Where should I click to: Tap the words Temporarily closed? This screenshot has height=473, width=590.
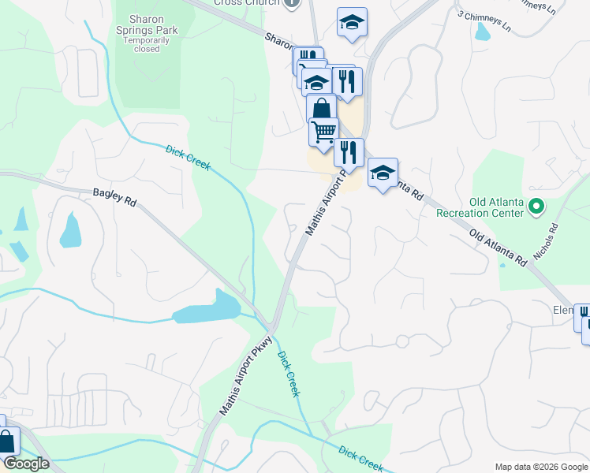(147, 43)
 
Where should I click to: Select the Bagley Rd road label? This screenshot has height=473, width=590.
(114, 197)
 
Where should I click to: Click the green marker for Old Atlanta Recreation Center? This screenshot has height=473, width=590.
(537, 207)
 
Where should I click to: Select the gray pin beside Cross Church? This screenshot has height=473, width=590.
(292, 3)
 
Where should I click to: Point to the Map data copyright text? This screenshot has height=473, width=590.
(541, 467)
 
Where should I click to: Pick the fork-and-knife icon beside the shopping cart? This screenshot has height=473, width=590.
(348, 151)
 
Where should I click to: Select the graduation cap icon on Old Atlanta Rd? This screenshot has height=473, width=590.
(383, 172)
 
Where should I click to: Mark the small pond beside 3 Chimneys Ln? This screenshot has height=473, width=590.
(482, 32)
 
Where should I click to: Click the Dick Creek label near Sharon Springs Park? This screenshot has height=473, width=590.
(188, 155)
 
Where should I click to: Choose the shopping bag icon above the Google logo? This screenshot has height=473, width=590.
(6, 442)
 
